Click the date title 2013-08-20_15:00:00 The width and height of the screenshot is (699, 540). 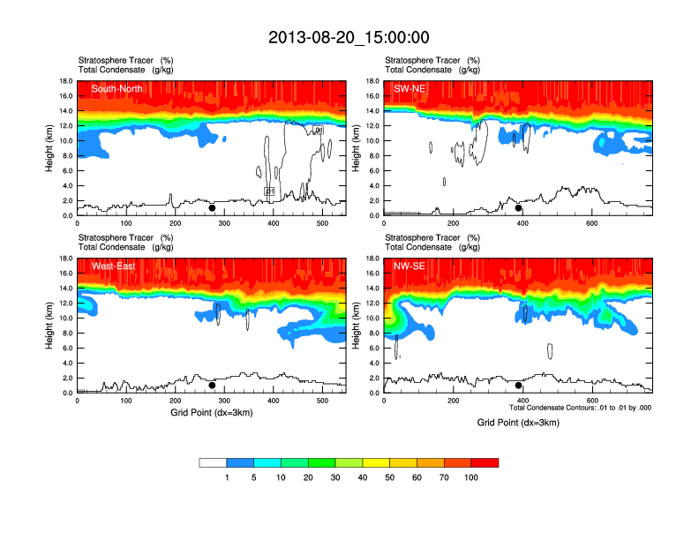349,37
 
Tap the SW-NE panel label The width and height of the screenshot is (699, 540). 410,88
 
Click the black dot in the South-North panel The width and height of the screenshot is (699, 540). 212,208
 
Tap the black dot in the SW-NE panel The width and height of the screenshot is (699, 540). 519,208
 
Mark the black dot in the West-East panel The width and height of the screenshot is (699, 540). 212,386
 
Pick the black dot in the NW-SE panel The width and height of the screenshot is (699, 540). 519,386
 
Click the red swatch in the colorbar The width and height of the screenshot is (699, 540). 485,462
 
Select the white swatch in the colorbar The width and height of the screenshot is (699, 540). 214,462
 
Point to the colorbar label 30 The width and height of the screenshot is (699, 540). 336,477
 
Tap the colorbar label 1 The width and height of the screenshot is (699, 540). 228,477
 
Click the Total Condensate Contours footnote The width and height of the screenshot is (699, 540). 580,408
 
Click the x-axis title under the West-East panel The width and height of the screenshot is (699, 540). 212,412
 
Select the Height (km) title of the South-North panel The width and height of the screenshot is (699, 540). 51,148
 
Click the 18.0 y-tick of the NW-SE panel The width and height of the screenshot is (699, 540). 372,259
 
